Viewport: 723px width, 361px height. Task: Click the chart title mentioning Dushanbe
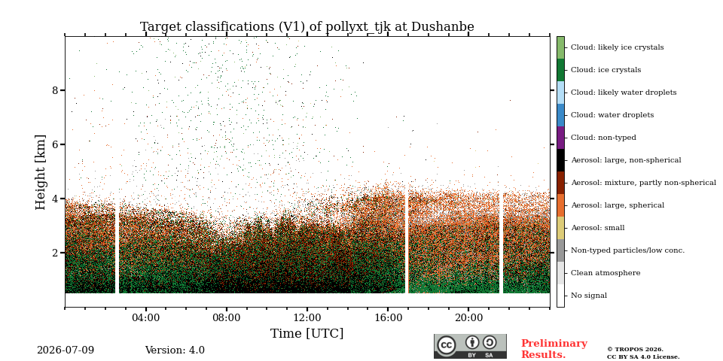[x=307, y=27]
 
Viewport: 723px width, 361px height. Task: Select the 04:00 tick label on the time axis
[x=145, y=317]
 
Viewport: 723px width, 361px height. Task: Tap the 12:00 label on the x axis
[x=307, y=317]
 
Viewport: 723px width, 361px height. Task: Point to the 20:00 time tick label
[x=468, y=317]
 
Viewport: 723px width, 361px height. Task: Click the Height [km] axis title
[x=41, y=172]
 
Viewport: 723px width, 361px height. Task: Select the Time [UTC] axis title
[x=307, y=333]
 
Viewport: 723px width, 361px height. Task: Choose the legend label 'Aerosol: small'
[x=597, y=228]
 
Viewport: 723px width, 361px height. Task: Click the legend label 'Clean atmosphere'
[x=606, y=273]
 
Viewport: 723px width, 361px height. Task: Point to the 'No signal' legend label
[x=589, y=296]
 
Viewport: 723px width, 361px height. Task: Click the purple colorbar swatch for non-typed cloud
[x=560, y=138]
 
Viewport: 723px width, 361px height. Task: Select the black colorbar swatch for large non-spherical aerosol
[x=560, y=160]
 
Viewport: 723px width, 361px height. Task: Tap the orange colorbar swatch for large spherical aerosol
[x=560, y=205]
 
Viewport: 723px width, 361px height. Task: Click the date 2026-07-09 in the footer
[x=66, y=350]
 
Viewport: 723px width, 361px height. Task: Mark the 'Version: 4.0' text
[x=175, y=350]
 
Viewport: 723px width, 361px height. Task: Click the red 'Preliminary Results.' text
[x=554, y=349]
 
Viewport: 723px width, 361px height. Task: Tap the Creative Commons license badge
[x=470, y=346]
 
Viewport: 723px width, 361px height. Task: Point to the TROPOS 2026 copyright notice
[x=643, y=353]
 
